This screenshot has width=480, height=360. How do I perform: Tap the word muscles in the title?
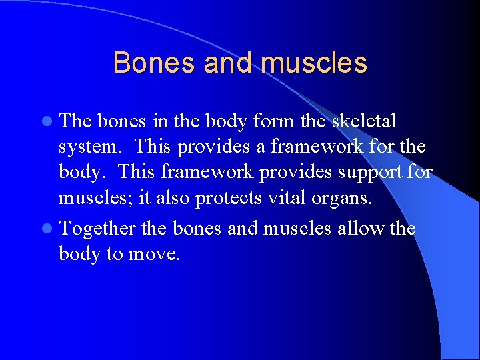[314, 63]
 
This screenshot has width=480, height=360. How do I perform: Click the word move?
[156, 254]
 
